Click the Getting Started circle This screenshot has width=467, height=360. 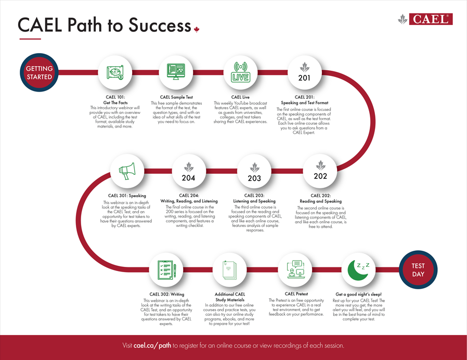click(39, 72)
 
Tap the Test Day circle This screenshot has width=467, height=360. click(418, 269)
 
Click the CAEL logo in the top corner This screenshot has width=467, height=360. click(425, 19)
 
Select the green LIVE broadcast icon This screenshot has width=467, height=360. click(241, 72)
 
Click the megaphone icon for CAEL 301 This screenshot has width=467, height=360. click(127, 171)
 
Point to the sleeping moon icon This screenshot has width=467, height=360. click(359, 270)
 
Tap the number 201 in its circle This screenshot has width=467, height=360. click(304, 78)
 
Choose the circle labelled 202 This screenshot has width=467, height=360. click(320, 171)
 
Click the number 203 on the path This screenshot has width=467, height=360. click(254, 178)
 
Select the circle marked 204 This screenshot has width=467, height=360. click(189, 171)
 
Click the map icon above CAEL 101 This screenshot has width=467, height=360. click(115, 72)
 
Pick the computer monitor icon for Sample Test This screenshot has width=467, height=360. click(176, 71)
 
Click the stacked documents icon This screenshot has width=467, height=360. click(230, 270)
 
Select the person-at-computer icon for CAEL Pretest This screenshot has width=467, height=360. click(296, 269)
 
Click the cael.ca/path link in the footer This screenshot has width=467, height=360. click(152, 346)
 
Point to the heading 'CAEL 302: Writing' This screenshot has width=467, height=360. click(167, 294)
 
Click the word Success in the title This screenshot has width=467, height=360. click(160, 25)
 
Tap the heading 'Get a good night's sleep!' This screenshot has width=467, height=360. click(359, 294)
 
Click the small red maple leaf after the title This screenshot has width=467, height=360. click(196, 29)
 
